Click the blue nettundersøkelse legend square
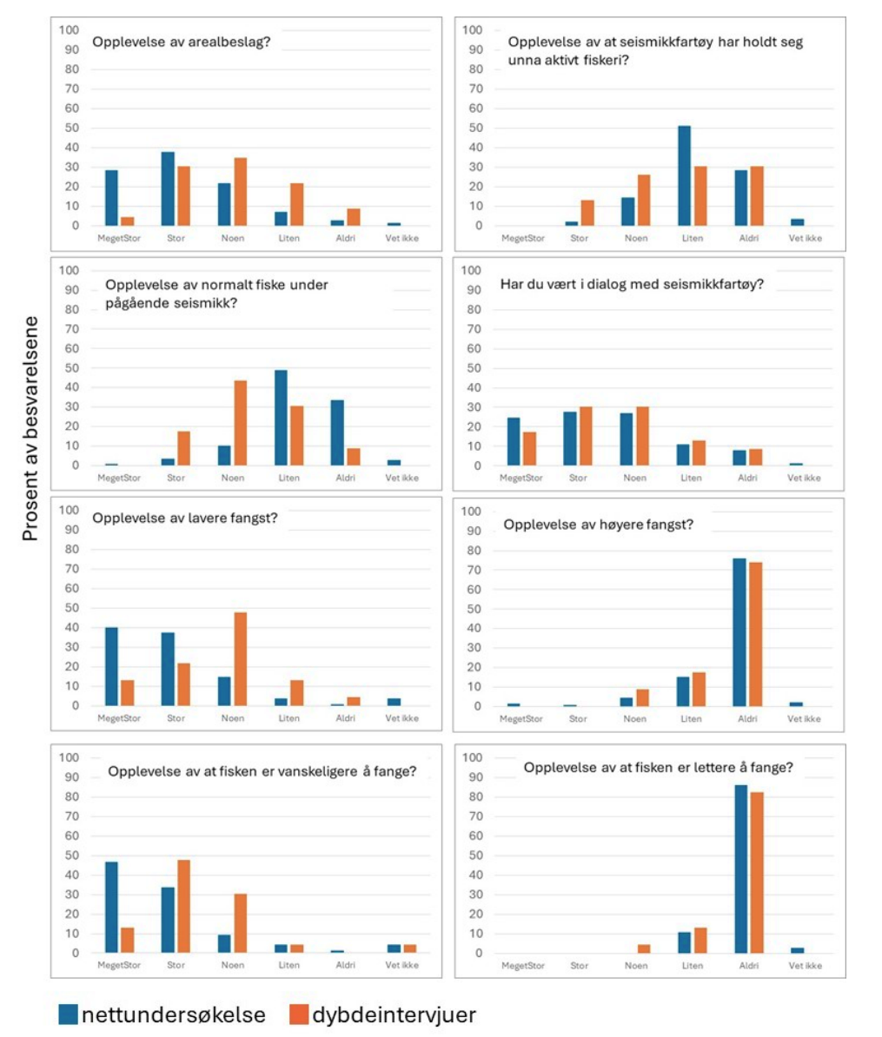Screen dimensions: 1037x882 point(69,1014)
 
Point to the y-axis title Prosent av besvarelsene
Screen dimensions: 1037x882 point(31,429)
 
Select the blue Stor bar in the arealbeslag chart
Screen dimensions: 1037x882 point(168,188)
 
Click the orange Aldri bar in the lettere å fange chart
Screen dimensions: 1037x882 point(755,873)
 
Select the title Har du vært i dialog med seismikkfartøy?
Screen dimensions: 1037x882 point(632,283)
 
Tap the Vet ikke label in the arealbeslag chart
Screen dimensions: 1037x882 point(402,238)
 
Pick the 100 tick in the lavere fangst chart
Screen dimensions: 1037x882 point(69,511)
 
